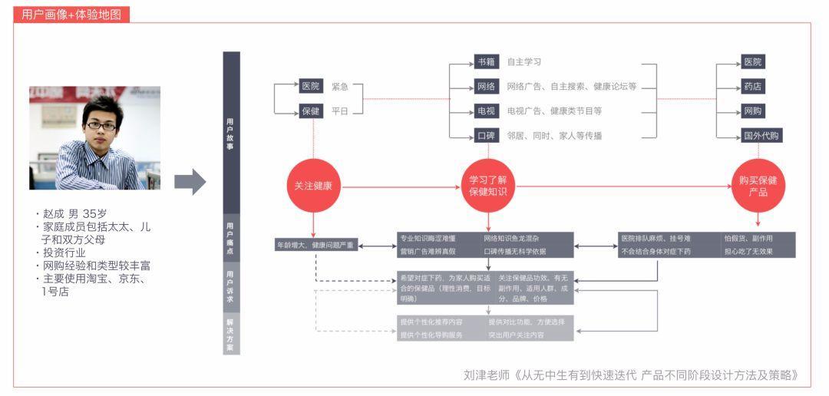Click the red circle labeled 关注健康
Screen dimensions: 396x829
coord(313,186)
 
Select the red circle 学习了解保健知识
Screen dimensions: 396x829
coord(487,186)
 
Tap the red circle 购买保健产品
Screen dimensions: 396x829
coord(758,186)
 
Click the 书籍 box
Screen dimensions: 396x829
coord(486,62)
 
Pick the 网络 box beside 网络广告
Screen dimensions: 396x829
coord(486,87)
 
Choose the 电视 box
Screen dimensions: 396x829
coord(486,111)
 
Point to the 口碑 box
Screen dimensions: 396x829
coord(486,136)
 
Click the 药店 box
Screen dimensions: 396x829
coord(753,87)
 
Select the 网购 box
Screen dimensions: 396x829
coord(753,111)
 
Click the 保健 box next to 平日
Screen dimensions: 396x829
coord(310,111)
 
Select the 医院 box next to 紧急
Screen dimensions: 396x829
coord(310,86)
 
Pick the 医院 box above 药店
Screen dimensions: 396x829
coord(753,62)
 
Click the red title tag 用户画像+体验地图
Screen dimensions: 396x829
coord(71,15)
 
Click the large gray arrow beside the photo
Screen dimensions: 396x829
coord(190,182)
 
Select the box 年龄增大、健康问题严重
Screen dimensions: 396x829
coord(315,246)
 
